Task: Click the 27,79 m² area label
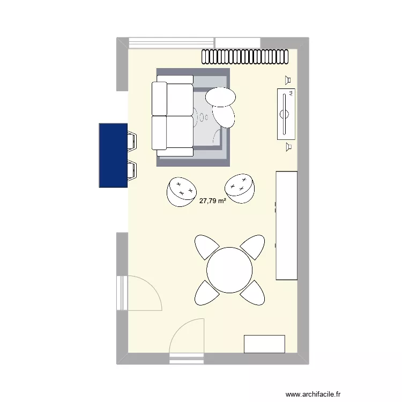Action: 213,202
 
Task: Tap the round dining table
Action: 230,270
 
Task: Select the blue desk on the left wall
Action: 113,155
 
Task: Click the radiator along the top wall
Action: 249,56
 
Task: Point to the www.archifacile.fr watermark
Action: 314,393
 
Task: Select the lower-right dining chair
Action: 252,293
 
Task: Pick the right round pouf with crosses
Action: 240,188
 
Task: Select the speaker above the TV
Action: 288,80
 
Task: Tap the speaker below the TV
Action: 288,146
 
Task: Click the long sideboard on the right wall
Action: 286,225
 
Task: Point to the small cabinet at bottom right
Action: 264,344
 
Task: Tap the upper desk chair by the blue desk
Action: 132,140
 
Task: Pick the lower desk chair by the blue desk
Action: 132,169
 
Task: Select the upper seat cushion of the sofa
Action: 173,99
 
